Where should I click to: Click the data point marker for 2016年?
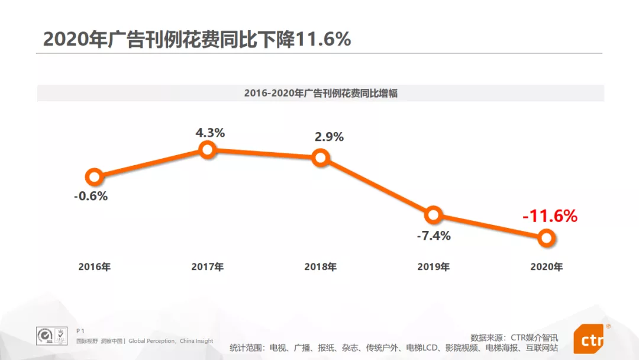pos(94,176)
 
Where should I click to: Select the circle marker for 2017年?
pos(207,150)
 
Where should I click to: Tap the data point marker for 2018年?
pos(320,157)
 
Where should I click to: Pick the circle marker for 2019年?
pos(433,214)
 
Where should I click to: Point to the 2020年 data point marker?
pos(546,238)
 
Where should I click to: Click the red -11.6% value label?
pos(550,216)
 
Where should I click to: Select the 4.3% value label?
pos(210,133)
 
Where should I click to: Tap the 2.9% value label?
pos(329,137)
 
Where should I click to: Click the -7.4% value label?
pos(433,236)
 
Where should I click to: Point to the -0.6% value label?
pos(91,197)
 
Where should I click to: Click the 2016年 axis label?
pos(94,267)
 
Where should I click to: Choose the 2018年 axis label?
pos(320,267)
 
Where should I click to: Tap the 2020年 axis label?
pos(546,267)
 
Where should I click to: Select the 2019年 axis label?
pos(433,267)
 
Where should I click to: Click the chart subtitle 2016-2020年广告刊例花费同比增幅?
pos(320,94)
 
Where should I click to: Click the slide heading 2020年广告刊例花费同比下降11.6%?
pos(197,39)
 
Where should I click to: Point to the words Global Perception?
pos(151,341)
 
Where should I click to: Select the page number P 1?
pos(81,330)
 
